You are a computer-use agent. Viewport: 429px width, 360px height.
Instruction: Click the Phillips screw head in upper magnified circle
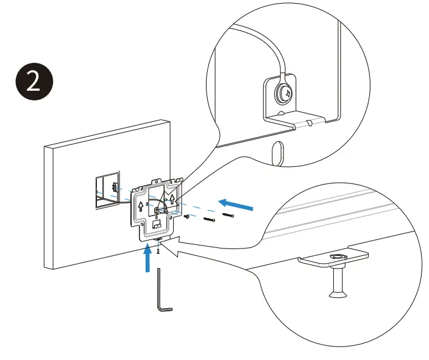pos(284,93)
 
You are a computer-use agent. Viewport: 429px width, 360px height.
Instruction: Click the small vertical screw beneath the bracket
pos(157,250)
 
